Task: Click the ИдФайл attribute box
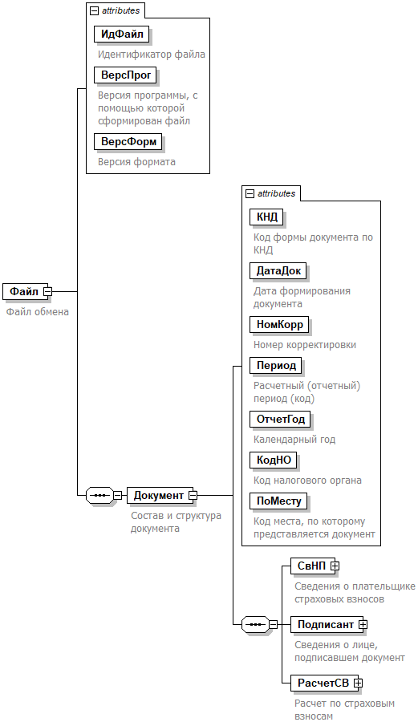click(122, 34)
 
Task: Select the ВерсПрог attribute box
click(126, 75)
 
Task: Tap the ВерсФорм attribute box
click(128, 142)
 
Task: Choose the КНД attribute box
click(267, 217)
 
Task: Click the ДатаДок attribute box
click(278, 271)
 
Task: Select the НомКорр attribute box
click(280, 325)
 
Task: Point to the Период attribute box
click(276, 366)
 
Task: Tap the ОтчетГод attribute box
click(280, 420)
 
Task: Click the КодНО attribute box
click(274, 460)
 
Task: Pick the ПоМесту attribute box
click(279, 501)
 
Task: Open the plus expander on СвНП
click(335, 566)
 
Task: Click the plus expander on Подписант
click(363, 624)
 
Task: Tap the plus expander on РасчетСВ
click(358, 683)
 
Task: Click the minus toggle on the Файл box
click(47, 291)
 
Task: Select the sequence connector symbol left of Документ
click(99, 496)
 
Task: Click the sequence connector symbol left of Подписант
click(255, 624)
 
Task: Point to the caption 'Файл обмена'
click(37, 312)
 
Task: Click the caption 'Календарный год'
click(294, 440)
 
